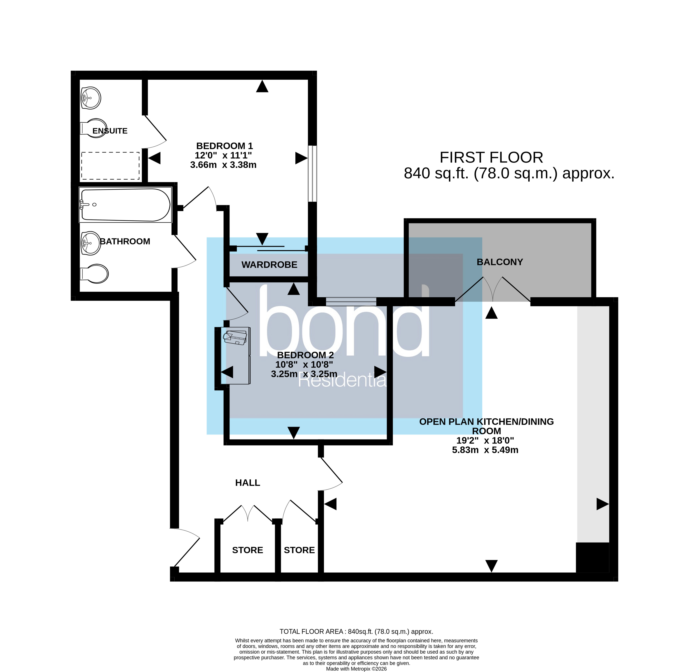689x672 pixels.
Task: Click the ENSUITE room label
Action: click(x=110, y=131)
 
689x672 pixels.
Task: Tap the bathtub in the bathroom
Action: click(x=125, y=205)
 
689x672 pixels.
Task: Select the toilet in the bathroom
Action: click(x=95, y=274)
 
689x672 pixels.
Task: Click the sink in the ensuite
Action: click(x=91, y=98)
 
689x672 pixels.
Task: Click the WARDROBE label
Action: click(x=269, y=265)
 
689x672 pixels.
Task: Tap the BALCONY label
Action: click(x=500, y=262)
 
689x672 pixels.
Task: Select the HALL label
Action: click(x=248, y=483)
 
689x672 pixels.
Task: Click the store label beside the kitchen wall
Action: click(x=299, y=550)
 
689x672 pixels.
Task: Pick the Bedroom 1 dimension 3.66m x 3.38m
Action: click(x=223, y=165)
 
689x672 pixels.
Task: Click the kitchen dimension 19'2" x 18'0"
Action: click(x=485, y=440)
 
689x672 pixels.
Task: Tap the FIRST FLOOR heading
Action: click(x=491, y=157)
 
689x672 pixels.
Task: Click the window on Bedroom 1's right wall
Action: click(x=312, y=174)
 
